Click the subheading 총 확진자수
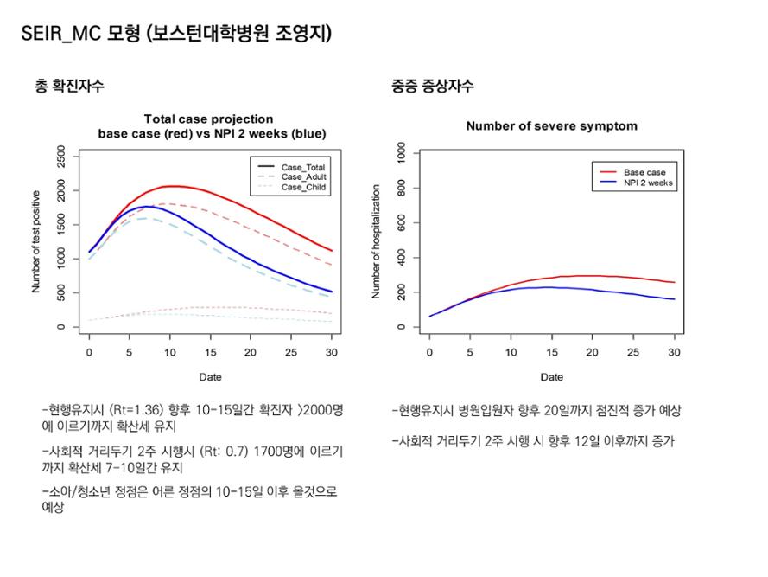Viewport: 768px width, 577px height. [x=69, y=86]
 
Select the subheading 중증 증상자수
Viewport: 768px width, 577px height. [x=432, y=86]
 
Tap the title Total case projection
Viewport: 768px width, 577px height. [x=208, y=119]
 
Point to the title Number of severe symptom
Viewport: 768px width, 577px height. [x=551, y=126]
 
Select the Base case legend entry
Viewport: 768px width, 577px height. [x=644, y=172]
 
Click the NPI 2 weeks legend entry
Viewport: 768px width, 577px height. [x=649, y=183]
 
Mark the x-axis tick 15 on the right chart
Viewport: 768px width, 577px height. [x=551, y=353]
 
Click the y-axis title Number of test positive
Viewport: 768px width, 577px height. [x=36, y=241]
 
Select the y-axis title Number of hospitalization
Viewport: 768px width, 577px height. [x=376, y=241]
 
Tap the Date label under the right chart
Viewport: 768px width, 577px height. [x=551, y=377]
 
